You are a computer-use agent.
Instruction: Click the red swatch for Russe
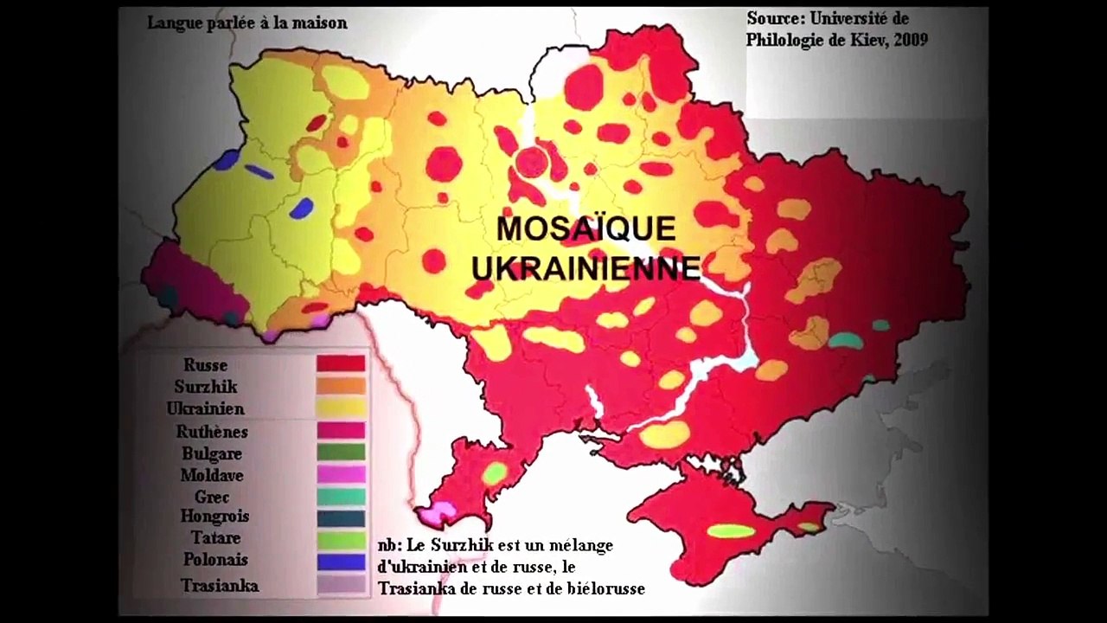[341, 363]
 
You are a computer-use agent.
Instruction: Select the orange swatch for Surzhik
[341, 385]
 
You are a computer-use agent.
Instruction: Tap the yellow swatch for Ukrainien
[341, 408]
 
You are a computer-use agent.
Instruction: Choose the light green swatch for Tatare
[341, 540]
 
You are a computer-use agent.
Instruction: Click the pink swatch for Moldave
[341, 474]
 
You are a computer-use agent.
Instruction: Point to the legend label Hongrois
[214, 517]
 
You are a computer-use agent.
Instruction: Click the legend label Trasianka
[220, 586]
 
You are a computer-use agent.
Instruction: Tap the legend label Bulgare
[212, 453]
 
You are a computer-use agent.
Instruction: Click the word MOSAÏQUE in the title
[585, 229]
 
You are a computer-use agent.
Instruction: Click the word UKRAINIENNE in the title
[585, 268]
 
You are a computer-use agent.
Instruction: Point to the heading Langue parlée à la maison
[246, 23]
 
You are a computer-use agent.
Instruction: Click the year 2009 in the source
[908, 41]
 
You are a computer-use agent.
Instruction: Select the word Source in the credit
[774, 18]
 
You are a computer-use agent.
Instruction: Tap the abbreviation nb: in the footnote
[389, 546]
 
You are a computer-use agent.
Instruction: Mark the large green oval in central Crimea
[731, 530]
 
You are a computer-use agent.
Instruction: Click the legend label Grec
[212, 497]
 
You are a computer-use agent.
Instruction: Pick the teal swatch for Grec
[341, 496]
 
